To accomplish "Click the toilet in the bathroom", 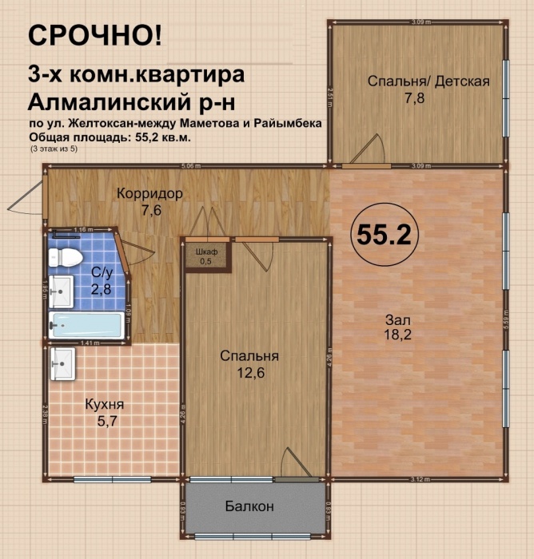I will click(x=64, y=257).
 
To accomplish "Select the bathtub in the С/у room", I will click(x=86, y=326).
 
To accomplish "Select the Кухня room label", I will click(x=105, y=404).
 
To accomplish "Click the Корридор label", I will click(x=149, y=194).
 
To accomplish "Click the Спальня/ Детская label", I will click(x=428, y=81).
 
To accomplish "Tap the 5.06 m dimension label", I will click(x=190, y=166).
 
